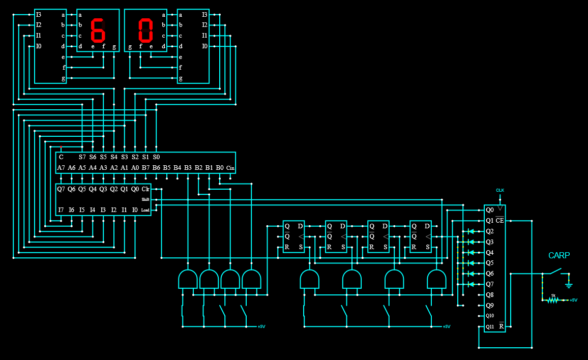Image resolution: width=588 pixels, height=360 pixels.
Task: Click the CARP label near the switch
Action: point(559,255)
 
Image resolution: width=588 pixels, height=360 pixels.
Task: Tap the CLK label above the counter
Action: point(500,190)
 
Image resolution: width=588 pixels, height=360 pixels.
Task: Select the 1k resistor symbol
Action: point(553,300)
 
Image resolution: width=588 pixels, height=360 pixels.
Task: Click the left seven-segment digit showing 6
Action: point(98,31)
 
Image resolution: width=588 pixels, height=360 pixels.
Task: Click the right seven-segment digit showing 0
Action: point(145,31)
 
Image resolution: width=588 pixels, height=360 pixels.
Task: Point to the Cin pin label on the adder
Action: point(230,168)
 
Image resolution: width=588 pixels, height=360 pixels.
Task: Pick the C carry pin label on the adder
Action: point(61,157)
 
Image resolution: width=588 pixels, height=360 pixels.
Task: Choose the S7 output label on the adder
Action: point(82,157)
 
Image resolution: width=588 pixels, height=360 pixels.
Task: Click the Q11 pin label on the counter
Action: point(489,326)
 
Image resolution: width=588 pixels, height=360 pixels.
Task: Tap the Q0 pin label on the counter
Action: point(489,209)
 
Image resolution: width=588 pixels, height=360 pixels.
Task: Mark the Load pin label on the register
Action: point(145,210)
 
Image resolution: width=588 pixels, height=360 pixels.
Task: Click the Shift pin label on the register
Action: point(145,199)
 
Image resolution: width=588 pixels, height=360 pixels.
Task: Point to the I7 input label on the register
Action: point(61,209)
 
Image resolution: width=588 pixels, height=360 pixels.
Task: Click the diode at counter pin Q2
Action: point(471,231)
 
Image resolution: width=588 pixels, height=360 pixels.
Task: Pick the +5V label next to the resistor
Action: point(573,300)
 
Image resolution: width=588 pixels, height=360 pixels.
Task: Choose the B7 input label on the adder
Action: point(145,167)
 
